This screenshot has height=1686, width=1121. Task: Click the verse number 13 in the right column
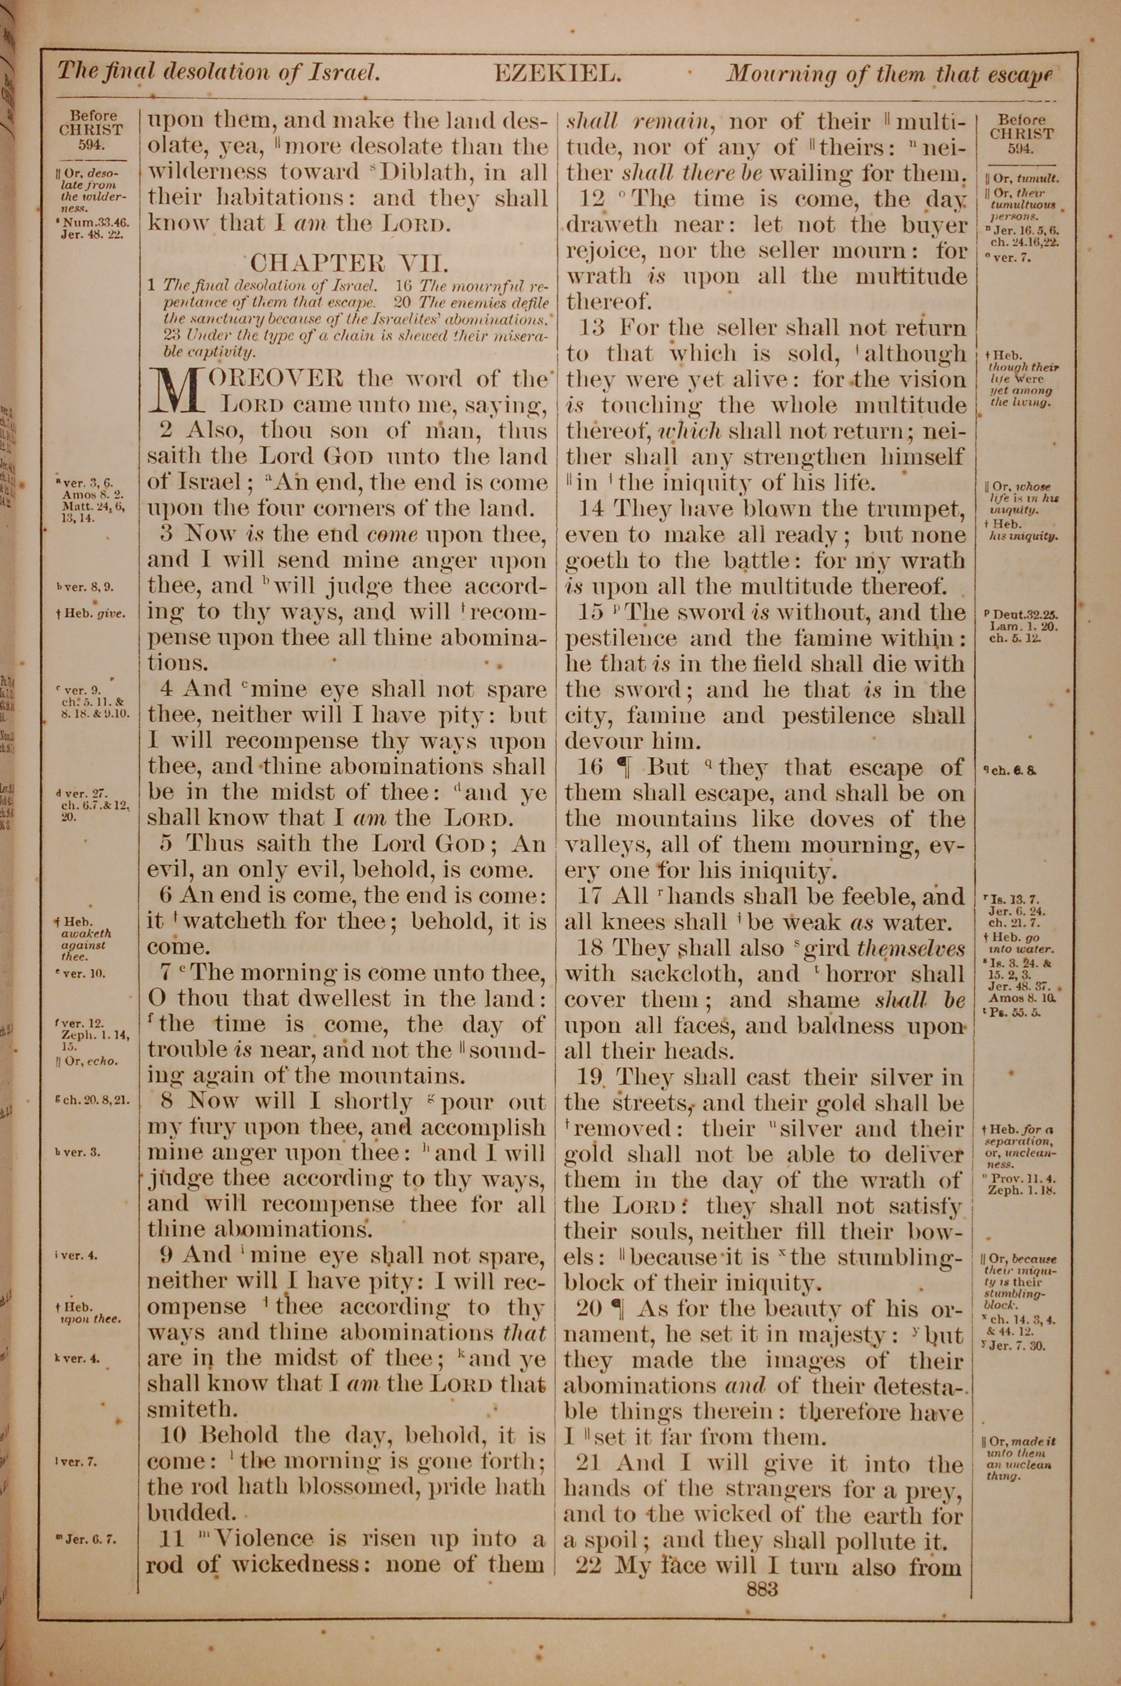[x=592, y=328]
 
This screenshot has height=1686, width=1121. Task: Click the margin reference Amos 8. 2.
[x=94, y=494]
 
